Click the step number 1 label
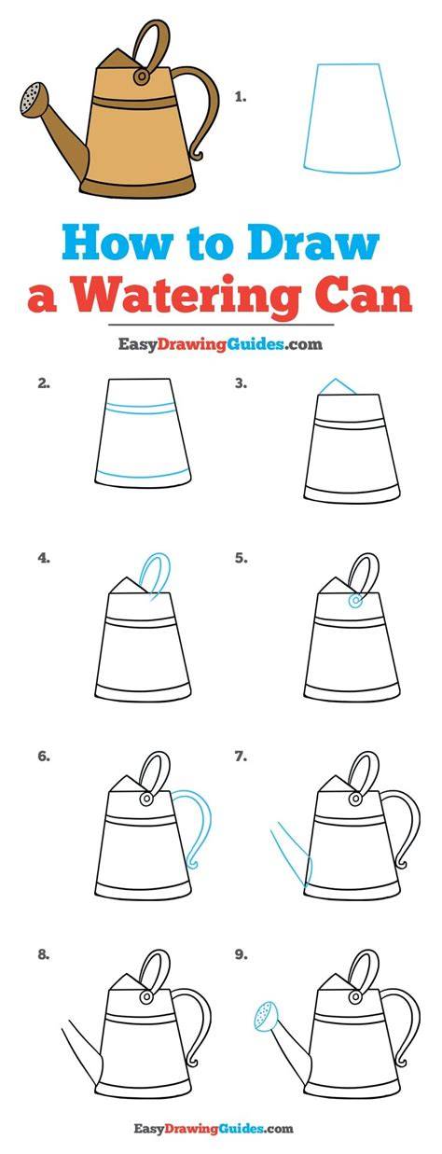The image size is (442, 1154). pos(240,97)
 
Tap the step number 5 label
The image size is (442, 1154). pos(242,558)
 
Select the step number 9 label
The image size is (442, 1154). pos(242,954)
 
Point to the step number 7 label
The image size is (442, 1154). pos(242,757)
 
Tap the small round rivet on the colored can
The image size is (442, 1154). pos(141,76)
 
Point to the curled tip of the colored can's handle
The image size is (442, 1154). pos(196,154)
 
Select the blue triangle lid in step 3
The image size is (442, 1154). pos(338,387)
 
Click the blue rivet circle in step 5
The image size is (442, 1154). pos(354,601)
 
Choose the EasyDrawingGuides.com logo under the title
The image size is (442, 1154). pos(220,343)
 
